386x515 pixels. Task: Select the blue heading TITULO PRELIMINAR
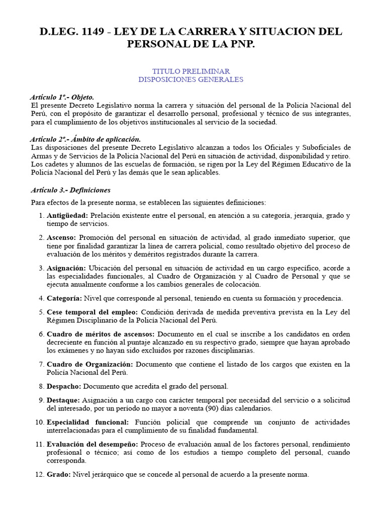191,71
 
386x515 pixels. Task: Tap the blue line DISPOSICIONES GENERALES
191,79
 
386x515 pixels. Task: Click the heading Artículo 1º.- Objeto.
62,97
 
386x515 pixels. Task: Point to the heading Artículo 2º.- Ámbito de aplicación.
85,139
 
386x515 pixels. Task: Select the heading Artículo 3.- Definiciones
70,190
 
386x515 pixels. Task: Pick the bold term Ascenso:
61,237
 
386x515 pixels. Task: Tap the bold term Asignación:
66,268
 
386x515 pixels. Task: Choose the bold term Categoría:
64,298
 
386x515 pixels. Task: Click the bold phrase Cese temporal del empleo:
93,312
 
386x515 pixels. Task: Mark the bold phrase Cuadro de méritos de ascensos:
102,334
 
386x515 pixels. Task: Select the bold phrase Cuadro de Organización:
90,364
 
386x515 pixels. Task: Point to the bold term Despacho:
64,386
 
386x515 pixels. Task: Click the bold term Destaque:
63,400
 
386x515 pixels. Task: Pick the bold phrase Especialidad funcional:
88,422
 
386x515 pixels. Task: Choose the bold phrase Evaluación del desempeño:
92,444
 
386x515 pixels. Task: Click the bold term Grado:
59,474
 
